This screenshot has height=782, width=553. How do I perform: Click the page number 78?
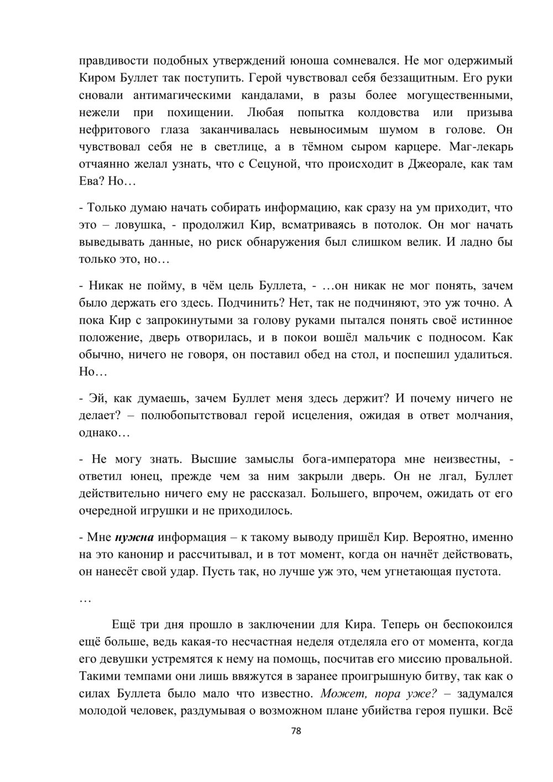(x=296, y=731)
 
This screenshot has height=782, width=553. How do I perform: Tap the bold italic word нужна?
(x=135, y=537)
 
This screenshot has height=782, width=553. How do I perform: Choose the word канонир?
(x=154, y=554)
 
